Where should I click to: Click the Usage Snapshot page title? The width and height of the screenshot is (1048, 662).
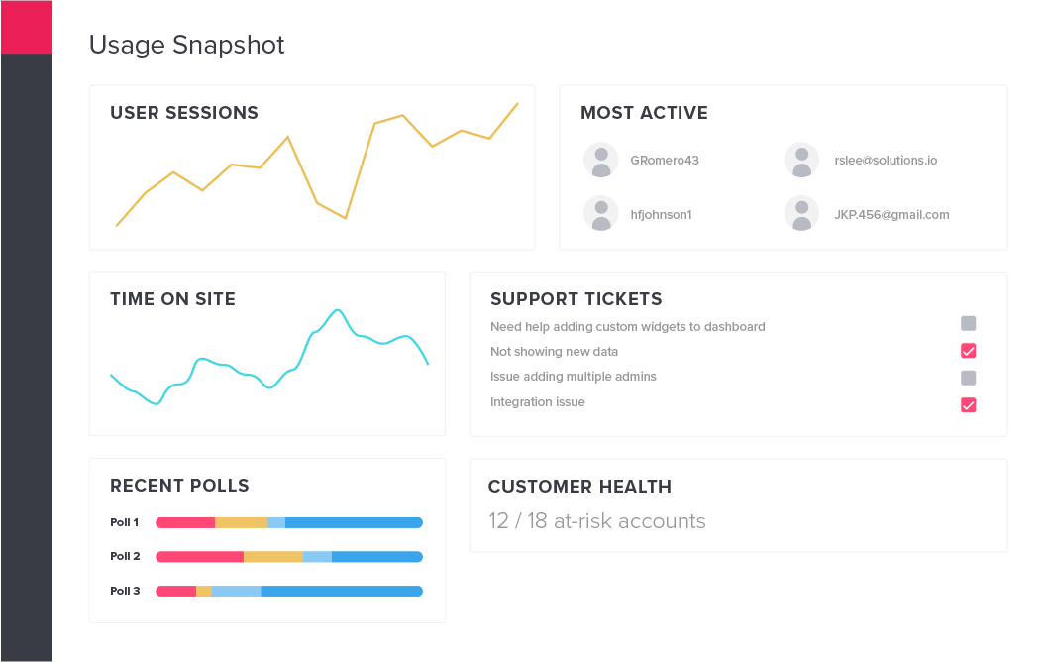click(186, 45)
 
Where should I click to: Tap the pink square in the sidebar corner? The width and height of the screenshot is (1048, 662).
click(26, 27)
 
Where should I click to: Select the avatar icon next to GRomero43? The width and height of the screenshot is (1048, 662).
click(601, 161)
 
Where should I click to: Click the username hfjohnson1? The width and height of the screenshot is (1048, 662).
click(661, 215)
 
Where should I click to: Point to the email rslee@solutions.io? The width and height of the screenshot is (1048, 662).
click(886, 161)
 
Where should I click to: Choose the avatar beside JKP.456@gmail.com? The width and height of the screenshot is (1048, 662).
click(801, 214)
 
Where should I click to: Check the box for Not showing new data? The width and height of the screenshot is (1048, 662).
click(969, 351)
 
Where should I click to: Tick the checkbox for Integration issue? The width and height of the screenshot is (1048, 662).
click(969, 404)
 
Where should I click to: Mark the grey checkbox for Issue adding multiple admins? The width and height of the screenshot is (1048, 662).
click(969, 378)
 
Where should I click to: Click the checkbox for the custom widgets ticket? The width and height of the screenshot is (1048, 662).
click(969, 324)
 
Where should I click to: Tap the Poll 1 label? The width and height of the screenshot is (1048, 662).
click(125, 522)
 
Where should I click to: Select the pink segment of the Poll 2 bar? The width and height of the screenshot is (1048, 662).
click(200, 556)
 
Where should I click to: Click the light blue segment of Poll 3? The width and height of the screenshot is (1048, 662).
click(237, 591)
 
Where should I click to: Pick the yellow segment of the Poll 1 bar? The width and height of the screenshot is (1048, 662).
click(242, 522)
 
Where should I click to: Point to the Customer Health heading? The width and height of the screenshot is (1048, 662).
click(579, 487)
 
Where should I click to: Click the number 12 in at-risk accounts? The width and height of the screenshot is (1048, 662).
click(498, 521)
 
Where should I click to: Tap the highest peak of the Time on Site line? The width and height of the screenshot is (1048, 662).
click(338, 310)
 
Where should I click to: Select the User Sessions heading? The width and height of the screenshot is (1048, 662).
click(184, 112)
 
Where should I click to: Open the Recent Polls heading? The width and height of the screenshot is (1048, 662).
click(179, 486)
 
